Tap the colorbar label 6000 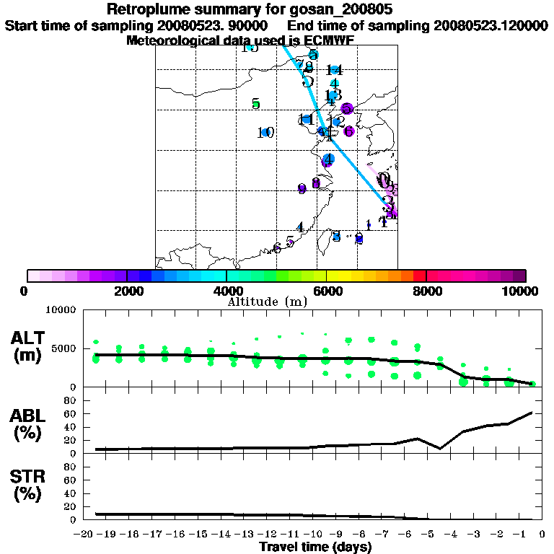pos(327,291)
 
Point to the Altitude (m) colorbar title pos(276,301)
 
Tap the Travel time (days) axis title pos(315,547)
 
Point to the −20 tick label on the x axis pos(86,535)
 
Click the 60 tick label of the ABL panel pos(71,413)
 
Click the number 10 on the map pos(265,132)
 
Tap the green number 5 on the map pos(255,104)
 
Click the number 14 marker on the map pos(333,70)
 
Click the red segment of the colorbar pos(419,276)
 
